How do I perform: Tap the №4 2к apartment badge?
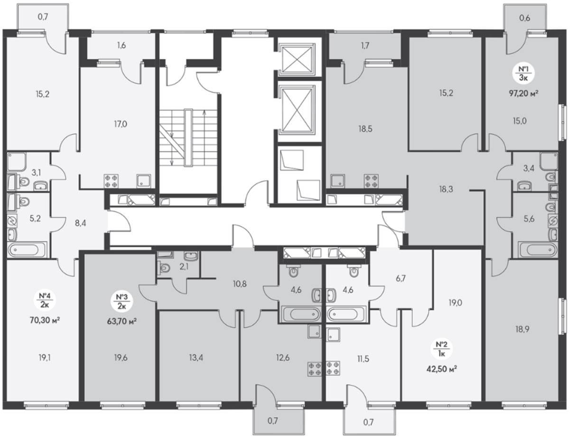(45, 300)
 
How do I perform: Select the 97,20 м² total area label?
(523, 93)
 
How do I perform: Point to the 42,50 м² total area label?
(442, 369)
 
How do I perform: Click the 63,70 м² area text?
(121, 321)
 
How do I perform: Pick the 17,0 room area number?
(121, 124)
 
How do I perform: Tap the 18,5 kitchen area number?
(365, 129)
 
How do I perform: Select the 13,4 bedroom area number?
(196, 358)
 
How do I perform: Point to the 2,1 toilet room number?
(184, 267)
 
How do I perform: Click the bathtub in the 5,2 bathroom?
(28, 250)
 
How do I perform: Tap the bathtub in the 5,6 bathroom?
(538, 250)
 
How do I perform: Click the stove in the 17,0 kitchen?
(111, 181)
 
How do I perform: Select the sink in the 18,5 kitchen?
(337, 181)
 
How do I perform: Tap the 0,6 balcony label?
(524, 18)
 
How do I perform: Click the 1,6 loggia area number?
(121, 46)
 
